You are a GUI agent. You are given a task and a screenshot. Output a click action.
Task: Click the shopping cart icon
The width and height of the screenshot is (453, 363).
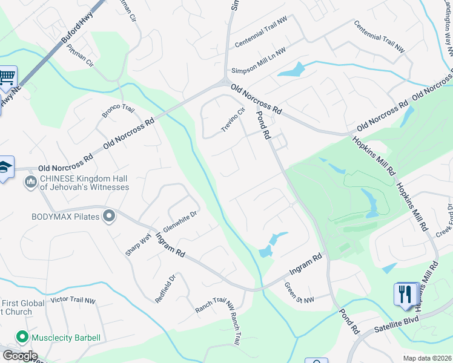click(7, 77)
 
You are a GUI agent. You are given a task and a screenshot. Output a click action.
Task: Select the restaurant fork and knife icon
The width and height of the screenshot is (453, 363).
click(405, 294)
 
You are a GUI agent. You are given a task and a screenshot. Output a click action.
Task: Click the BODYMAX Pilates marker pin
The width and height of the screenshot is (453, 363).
click(109, 216)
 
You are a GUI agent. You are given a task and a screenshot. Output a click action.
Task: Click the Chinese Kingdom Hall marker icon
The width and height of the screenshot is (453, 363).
click(30, 181)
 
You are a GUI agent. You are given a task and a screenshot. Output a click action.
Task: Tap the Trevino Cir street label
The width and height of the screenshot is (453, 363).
click(232, 120)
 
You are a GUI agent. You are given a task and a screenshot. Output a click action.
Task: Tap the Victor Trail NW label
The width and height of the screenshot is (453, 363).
click(73, 300)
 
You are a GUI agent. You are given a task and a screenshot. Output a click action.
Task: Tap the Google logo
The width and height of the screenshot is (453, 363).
click(20, 356)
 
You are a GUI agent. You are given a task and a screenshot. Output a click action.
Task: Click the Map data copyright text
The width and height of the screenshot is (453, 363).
click(427, 358)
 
